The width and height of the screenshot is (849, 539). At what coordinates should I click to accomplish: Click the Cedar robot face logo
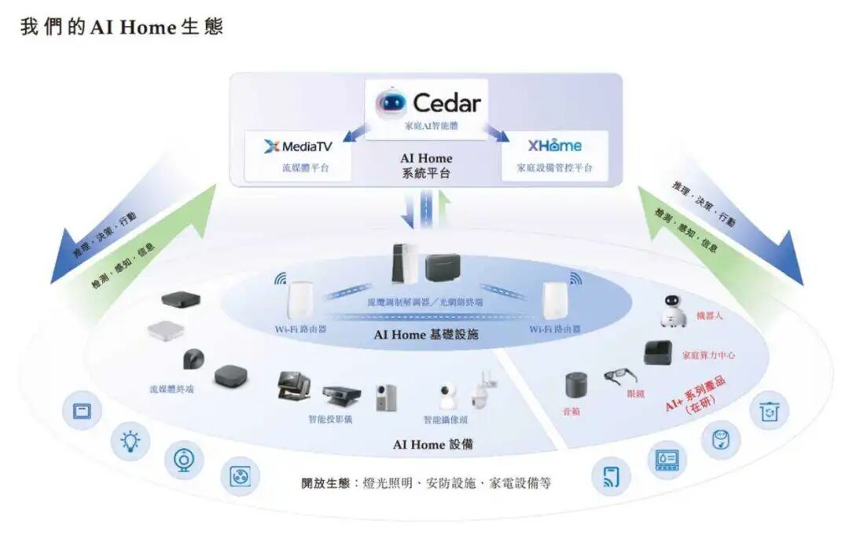(391, 102)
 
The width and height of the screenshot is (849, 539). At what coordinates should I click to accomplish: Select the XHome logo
(554, 145)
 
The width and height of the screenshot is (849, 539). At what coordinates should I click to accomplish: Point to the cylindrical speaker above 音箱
(576, 385)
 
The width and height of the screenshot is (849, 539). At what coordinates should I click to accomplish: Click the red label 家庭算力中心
(708, 355)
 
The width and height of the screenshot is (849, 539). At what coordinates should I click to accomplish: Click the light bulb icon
(130, 442)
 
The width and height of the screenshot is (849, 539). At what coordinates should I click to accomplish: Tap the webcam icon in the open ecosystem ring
(184, 460)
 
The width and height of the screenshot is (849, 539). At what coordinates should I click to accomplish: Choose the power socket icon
(240, 475)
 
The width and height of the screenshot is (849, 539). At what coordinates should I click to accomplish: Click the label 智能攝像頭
(445, 420)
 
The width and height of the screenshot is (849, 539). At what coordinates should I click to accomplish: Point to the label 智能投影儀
(330, 420)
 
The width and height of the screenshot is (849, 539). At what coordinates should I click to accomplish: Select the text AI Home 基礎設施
(426, 334)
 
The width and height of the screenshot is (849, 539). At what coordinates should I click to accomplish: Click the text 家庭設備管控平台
(554, 168)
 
